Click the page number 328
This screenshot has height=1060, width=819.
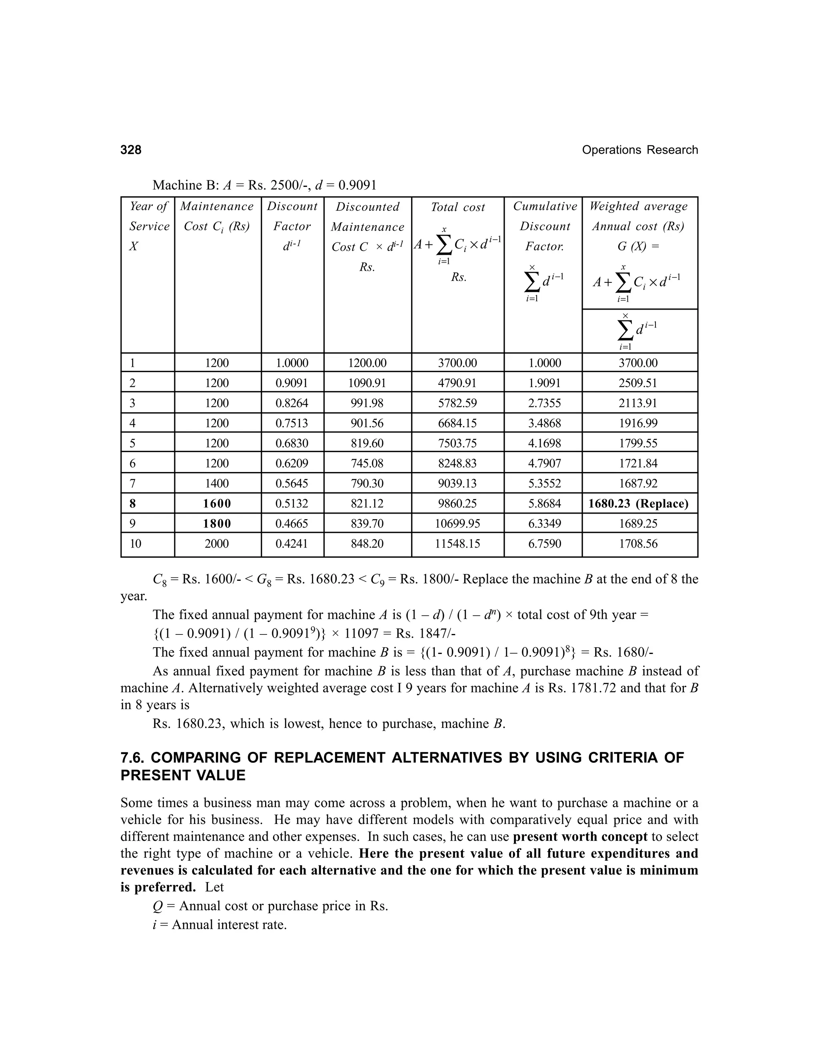pos(131,150)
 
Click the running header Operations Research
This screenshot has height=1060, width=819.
pos(639,150)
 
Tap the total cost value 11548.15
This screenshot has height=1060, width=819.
pos(457,544)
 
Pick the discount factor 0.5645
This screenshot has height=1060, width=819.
pos(292,484)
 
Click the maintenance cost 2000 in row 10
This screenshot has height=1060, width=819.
pos(216,544)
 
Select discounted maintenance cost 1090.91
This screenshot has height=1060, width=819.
pos(367,383)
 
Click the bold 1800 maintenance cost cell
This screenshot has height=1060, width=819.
pos(216,524)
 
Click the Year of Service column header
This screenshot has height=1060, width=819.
pos(148,226)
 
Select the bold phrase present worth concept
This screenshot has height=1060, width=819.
pos(580,837)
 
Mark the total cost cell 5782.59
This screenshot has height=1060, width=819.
pos(457,403)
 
